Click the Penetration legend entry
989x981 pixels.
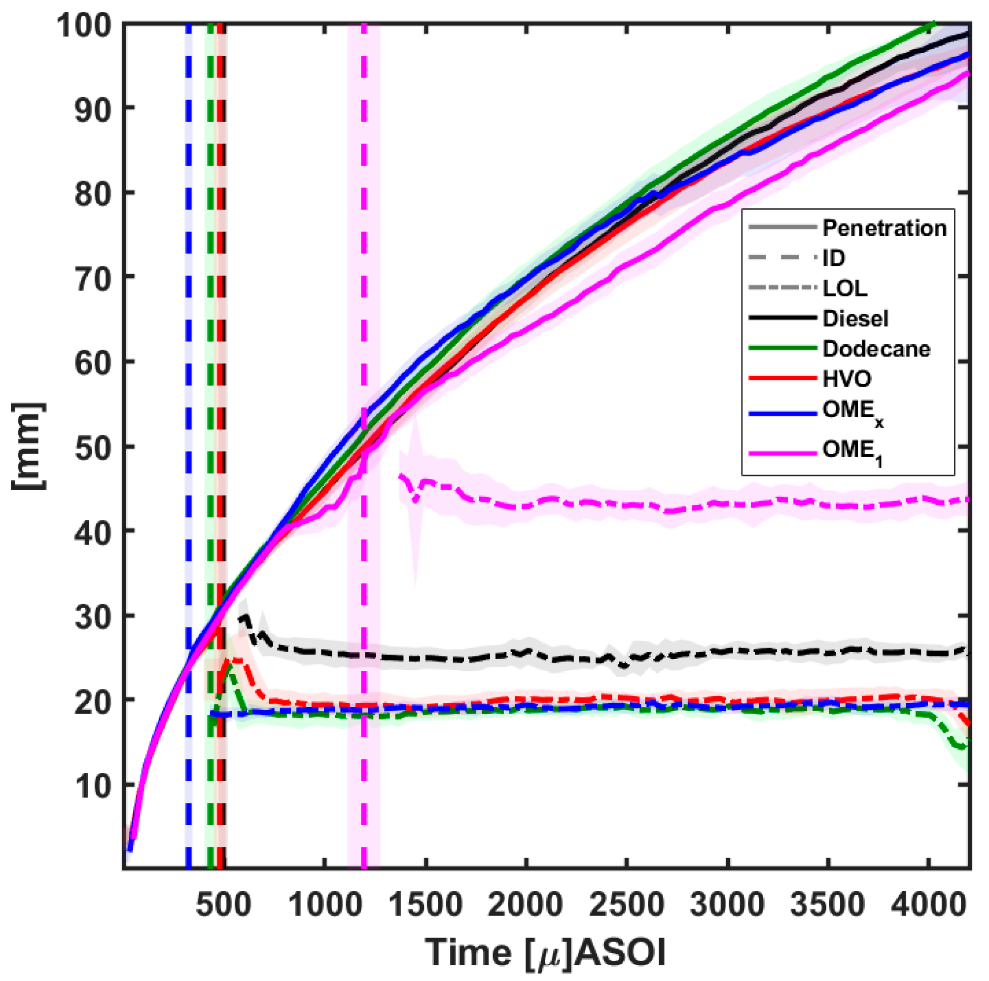pyautogui.click(x=884, y=228)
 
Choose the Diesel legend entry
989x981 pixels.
pyautogui.click(x=855, y=319)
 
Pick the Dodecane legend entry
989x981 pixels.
pyautogui.click(x=876, y=349)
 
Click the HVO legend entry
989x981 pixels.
pyautogui.click(x=847, y=379)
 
